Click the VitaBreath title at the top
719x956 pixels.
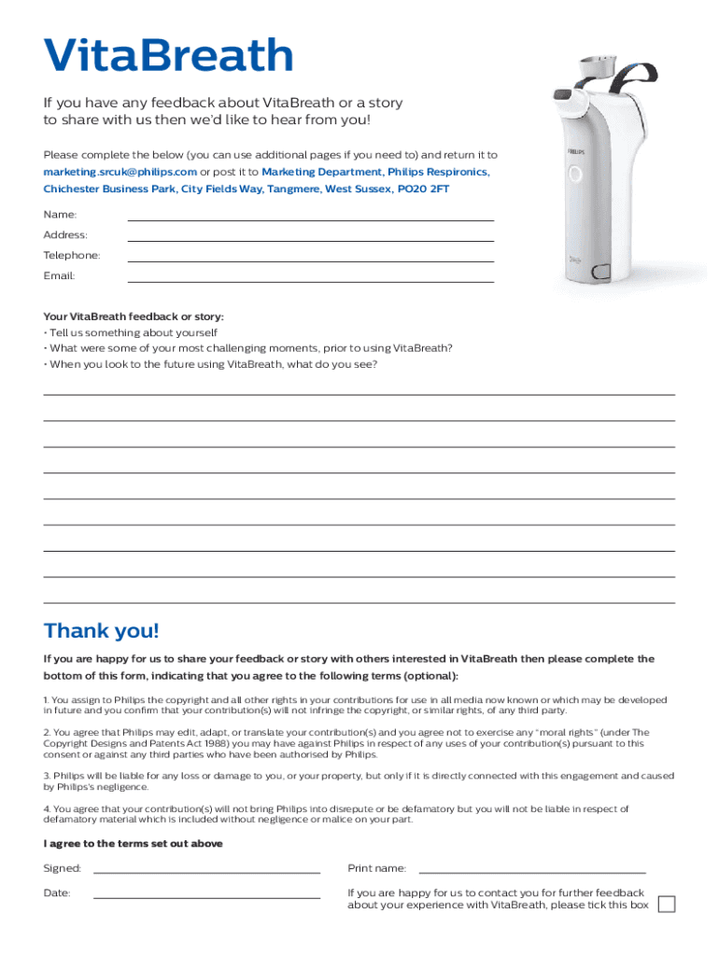[x=169, y=56]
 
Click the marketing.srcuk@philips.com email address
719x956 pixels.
[x=120, y=173]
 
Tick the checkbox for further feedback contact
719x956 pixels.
[x=667, y=905]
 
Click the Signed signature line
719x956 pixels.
[x=206, y=871]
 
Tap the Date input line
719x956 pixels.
[x=206, y=897]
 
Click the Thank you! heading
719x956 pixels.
[x=102, y=632]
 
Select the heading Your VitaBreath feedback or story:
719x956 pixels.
[x=134, y=316]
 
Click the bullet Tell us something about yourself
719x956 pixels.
[x=134, y=333]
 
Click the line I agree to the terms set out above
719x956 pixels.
[x=133, y=844]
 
